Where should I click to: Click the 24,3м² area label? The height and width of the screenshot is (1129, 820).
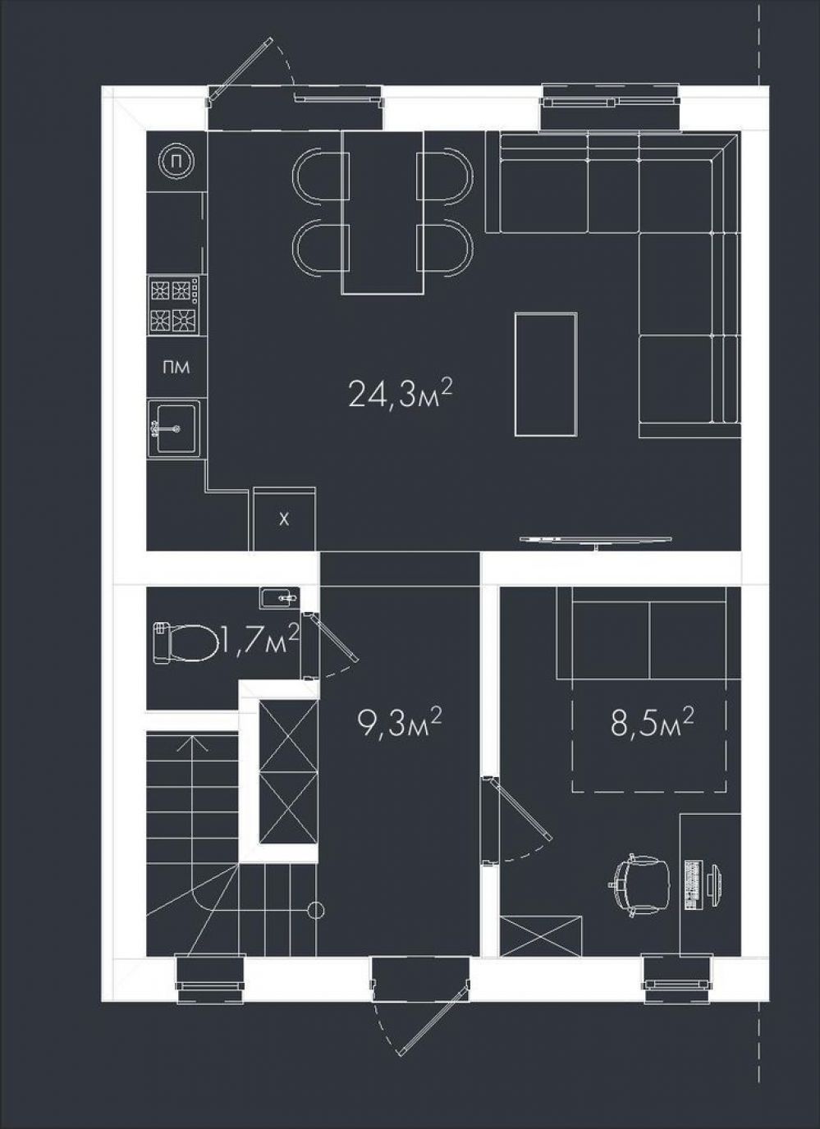point(398,395)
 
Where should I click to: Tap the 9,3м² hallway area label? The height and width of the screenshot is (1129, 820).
point(399,724)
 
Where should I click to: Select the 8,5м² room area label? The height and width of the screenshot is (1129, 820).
point(651,724)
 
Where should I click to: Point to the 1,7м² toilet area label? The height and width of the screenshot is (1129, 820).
point(259,640)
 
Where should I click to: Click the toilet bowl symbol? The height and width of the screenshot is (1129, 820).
point(184,642)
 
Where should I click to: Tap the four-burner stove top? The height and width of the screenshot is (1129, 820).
point(173,306)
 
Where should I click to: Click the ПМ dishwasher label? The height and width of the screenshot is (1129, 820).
point(176,368)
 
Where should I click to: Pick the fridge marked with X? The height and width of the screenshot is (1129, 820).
point(285,519)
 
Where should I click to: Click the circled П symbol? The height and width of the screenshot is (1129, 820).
point(176,162)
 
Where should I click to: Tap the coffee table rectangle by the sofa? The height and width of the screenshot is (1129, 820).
point(546,374)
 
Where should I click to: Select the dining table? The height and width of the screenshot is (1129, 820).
point(383,213)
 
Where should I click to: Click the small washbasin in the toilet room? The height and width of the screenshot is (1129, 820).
point(281,598)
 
